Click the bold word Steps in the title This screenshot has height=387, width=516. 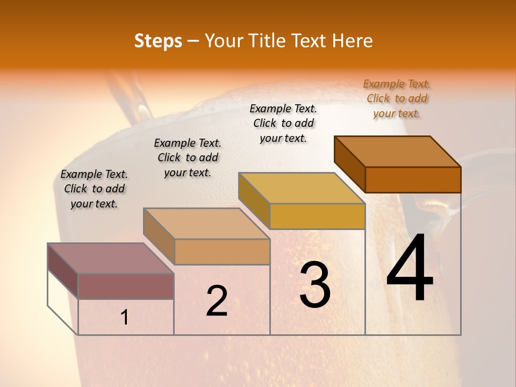[157, 41]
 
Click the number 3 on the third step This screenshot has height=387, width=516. [315, 285]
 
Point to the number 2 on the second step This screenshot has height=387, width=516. [217, 301]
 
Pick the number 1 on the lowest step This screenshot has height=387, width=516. [125, 318]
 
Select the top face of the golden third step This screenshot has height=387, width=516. [302, 188]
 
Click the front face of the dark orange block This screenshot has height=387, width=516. [413, 180]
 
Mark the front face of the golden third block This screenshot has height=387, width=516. [317, 216]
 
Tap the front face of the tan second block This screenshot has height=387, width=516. [222, 252]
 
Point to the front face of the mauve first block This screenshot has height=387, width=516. [126, 286]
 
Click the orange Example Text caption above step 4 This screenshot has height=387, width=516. [397, 98]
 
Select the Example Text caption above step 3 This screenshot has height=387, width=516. [283, 123]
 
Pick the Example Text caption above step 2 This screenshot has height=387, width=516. [188, 157]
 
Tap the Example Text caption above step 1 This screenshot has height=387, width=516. [94, 189]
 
